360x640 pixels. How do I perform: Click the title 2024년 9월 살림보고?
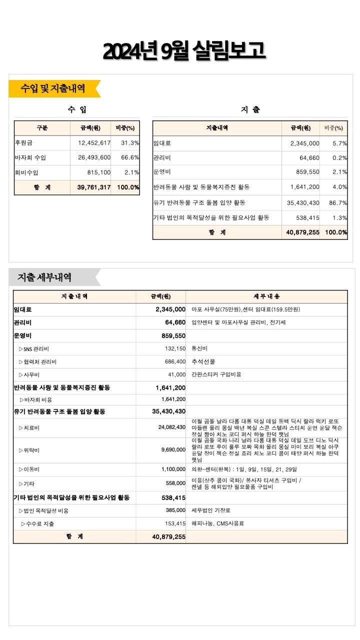pos(183,51)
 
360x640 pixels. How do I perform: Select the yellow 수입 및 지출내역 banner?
pos(53,88)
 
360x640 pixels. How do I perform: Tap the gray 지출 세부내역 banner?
pos(45,277)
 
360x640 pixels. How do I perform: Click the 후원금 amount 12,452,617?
pos(94,143)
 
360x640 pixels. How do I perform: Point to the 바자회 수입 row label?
pos(30,158)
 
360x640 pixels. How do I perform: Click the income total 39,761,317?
pos(94,187)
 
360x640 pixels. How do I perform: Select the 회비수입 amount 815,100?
pos(99,172)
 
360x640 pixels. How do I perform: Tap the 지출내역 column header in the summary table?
pos(217,128)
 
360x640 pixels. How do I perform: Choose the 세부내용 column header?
pos(267,296)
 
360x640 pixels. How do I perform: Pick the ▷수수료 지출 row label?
pos(38,523)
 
